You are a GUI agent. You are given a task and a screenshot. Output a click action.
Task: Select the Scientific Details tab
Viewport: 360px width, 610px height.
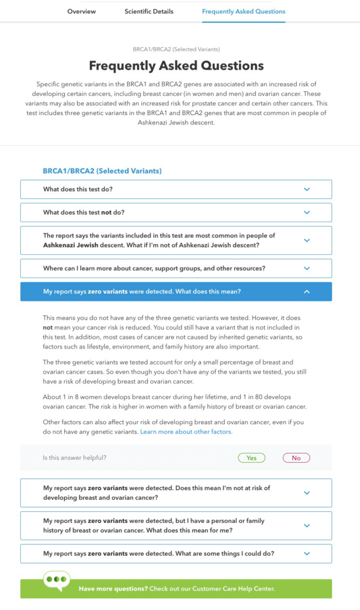[x=149, y=11]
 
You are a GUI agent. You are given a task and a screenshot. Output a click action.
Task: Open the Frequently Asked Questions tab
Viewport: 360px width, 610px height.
[x=243, y=11]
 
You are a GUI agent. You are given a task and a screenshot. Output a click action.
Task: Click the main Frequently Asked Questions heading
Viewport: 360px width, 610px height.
[x=176, y=66]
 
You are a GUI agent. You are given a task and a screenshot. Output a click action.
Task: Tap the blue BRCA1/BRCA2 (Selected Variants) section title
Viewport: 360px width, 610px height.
[x=102, y=171]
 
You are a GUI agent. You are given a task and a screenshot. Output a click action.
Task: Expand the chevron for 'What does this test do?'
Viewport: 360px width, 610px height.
[x=307, y=189]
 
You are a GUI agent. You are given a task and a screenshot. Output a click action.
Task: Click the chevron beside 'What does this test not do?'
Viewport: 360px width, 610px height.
[x=307, y=213]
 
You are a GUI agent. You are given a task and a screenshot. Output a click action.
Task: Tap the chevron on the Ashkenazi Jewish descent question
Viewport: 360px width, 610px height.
[x=307, y=241]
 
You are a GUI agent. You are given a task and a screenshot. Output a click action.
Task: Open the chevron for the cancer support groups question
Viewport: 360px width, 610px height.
[x=307, y=269]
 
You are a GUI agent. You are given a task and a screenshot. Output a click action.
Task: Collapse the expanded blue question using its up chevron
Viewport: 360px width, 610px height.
[x=307, y=292]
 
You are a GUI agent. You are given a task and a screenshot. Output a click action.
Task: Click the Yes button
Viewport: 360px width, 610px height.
[x=252, y=458]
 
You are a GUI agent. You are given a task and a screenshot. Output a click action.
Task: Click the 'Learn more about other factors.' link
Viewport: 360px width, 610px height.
[x=187, y=431]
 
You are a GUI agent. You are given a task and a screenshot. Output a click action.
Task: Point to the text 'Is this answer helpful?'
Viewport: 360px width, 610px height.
[x=75, y=458]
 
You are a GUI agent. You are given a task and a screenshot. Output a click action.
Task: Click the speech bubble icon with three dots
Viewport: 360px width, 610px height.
[x=56, y=580]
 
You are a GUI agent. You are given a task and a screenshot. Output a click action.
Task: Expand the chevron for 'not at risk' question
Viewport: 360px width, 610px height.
[x=307, y=493]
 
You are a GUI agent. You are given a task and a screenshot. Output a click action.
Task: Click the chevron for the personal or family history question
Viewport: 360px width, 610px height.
[x=307, y=525]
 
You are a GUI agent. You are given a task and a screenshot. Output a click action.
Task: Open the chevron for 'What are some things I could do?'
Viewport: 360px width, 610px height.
[x=307, y=553]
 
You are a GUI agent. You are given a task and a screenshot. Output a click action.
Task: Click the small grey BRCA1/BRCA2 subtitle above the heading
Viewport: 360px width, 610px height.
[x=176, y=49]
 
